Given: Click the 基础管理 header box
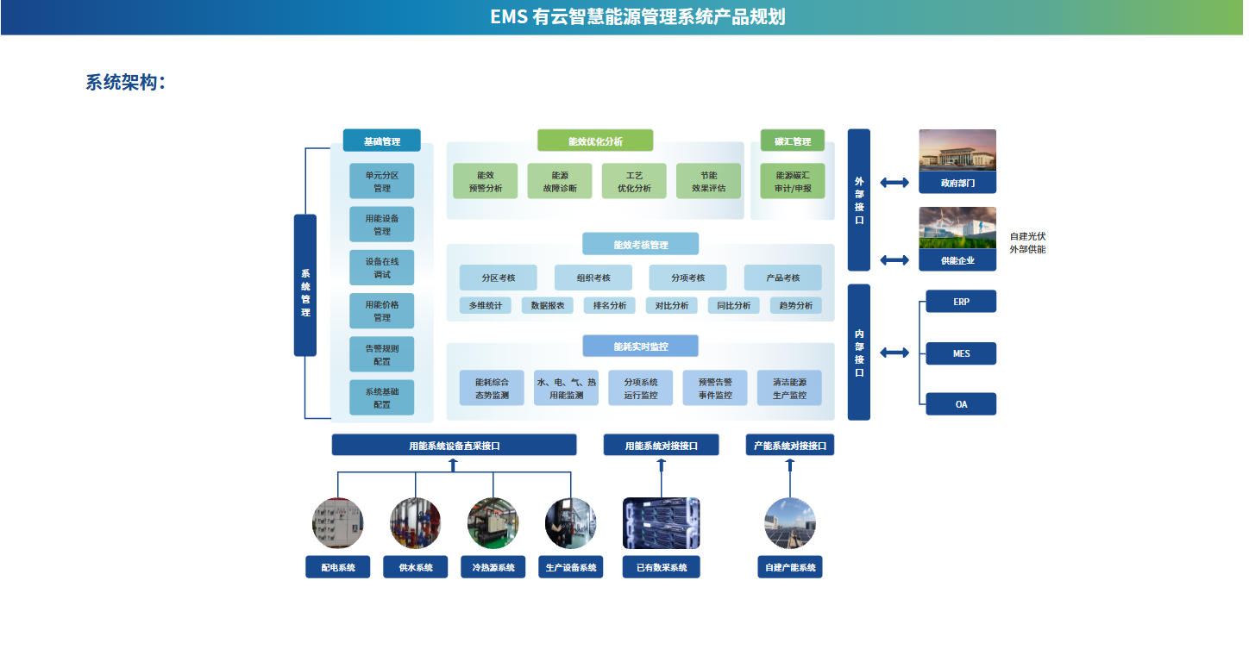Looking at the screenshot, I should [x=381, y=140].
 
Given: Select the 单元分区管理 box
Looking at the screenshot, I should [x=381, y=181].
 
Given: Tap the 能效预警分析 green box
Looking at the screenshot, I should [x=485, y=181].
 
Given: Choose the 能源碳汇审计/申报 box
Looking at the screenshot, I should [x=793, y=181].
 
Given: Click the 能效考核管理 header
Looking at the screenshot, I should [x=640, y=245].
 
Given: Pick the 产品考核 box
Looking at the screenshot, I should [x=782, y=278].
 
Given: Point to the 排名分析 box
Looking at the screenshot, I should [x=609, y=305].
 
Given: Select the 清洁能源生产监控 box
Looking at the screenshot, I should [x=788, y=388].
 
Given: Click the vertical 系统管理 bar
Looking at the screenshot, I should [x=305, y=285].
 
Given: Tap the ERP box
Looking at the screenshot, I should [x=961, y=302].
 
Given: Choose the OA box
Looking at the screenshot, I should [x=961, y=404].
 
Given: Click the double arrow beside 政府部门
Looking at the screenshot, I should [x=894, y=182].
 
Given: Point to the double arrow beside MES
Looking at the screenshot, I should [x=894, y=353].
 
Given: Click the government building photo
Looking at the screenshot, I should [x=957, y=151].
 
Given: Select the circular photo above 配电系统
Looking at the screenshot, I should [x=337, y=523].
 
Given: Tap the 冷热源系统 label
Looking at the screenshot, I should [x=493, y=567].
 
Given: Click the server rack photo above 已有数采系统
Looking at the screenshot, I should [x=661, y=523].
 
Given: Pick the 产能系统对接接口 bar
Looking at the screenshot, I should [x=789, y=446].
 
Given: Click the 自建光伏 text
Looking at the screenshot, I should [x=1027, y=236].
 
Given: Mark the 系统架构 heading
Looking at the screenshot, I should [x=124, y=83].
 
